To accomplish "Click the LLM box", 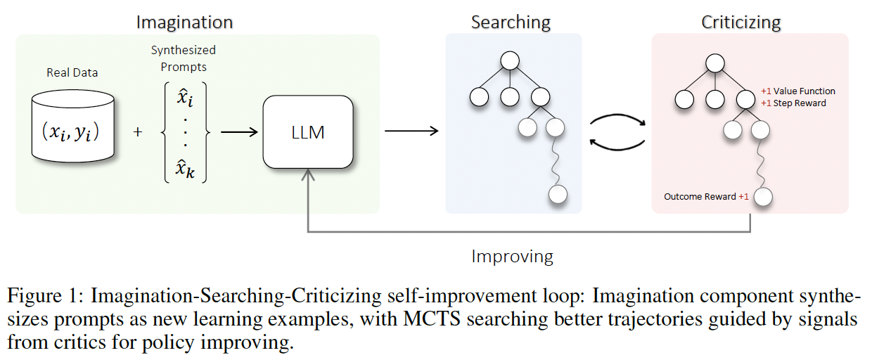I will (x=307, y=132).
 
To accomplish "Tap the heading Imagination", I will (x=184, y=22).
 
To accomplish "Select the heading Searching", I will (x=512, y=22).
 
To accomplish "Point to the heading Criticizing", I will (x=740, y=22).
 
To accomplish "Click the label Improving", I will (x=512, y=256).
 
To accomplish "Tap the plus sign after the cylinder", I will (x=137, y=132).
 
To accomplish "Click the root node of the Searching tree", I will (x=510, y=61).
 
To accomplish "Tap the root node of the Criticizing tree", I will (x=715, y=63).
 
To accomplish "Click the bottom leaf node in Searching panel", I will (x=558, y=195).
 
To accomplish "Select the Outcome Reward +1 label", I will (x=706, y=196).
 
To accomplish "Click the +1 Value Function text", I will (x=798, y=91).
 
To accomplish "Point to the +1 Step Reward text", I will (x=793, y=103).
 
